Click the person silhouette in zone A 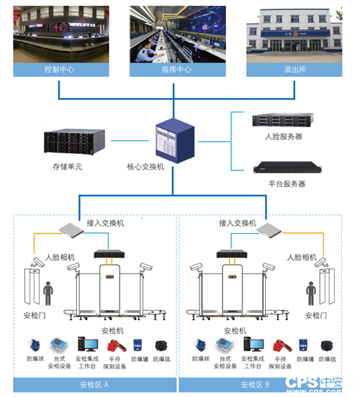click(x=49, y=294)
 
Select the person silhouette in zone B click(x=311, y=294)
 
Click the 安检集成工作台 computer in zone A click(x=89, y=344)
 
